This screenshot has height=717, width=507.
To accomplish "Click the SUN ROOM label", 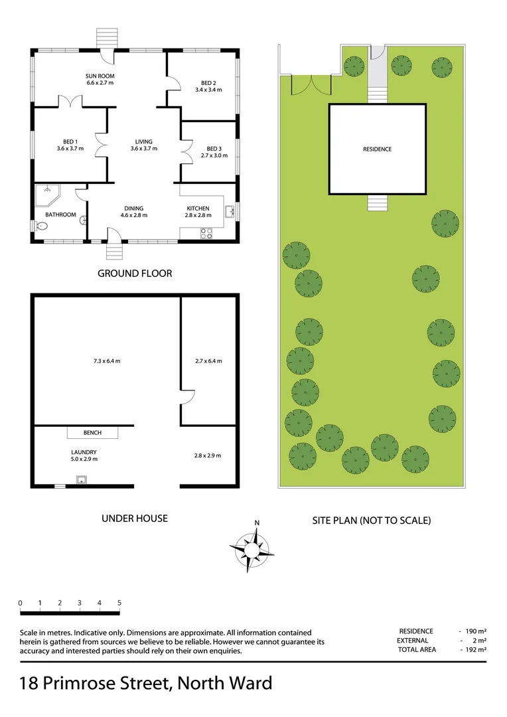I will click(x=100, y=76).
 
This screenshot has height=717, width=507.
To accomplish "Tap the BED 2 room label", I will click(x=209, y=84).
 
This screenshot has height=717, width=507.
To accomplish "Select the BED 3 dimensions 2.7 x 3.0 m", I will click(x=214, y=156).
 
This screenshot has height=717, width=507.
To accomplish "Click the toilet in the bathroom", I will click(x=41, y=226).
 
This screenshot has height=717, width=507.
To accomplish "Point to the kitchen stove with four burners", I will click(x=206, y=233).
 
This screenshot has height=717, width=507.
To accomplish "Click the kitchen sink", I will click(x=230, y=212).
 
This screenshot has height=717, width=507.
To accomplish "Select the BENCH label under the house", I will click(x=92, y=433).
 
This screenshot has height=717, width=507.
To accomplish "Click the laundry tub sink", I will click(x=82, y=480).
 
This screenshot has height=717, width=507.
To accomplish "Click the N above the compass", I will click(x=256, y=522).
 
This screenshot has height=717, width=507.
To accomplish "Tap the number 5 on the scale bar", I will click(x=119, y=603).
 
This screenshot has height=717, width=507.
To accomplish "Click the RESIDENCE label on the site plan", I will click(x=377, y=149).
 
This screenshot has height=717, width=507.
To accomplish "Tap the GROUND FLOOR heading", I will click(x=135, y=273).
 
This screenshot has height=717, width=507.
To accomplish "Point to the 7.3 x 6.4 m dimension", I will click(x=107, y=361).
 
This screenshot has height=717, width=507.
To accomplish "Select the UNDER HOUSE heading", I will click(x=134, y=518).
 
